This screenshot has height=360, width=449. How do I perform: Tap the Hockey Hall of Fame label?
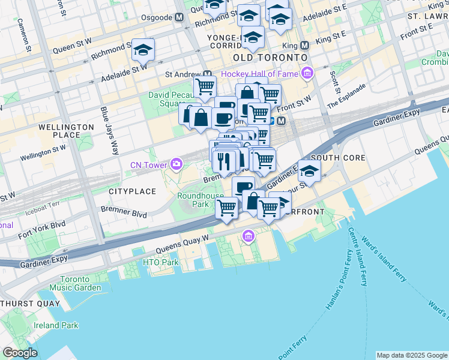coord(259,74)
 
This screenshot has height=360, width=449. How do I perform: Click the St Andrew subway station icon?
coord(208,74)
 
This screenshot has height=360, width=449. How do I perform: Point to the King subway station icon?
coord(305,45)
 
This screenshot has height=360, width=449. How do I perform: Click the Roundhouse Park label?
coord(200,200)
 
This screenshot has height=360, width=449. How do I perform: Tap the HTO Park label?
coord(161,262)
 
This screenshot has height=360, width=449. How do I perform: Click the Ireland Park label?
coord(56,325)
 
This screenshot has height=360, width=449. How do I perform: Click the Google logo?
coord(20,353)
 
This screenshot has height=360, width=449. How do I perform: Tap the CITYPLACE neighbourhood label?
coord(132,191)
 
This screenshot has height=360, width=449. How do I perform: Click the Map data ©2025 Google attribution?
coord(411,355)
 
